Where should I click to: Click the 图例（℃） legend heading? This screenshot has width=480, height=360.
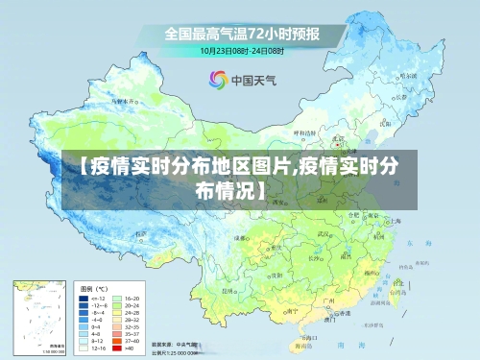[94, 288]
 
